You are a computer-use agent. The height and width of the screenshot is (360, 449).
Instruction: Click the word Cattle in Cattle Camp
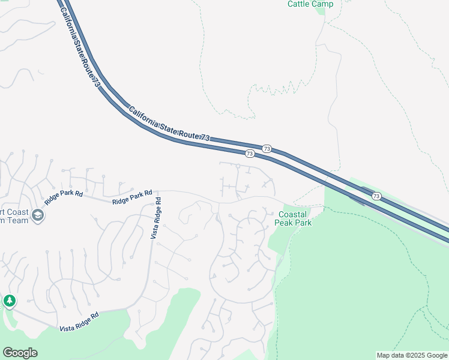[298, 4]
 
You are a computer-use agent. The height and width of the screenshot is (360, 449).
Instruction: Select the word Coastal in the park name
[293, 214]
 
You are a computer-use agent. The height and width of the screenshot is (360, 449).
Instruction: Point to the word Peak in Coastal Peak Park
[285, 223]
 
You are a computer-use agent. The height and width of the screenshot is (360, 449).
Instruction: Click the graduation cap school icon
[38, 215]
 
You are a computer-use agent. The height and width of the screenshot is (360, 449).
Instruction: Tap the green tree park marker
[10, 300]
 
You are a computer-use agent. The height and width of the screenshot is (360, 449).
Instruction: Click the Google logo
[20, 353]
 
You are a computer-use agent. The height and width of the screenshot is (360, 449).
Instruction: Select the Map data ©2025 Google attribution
[412, 355]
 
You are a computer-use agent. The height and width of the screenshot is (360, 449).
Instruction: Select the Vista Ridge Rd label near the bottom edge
[79, 322]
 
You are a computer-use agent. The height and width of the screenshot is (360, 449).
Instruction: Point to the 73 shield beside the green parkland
[376, 196]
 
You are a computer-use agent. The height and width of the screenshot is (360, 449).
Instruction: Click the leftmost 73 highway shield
[249, 154]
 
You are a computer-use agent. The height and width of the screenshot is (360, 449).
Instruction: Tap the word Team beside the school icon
[17, 220]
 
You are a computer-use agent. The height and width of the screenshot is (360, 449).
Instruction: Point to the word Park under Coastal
[303, 223]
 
